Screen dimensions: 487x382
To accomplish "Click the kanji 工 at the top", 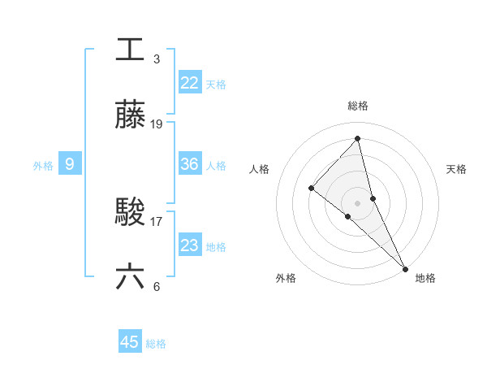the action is (x=130, y=49).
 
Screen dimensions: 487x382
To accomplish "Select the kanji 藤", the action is (x=130, y=115).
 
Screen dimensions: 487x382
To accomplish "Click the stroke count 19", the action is (x=157, y=124).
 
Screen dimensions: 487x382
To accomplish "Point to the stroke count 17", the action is (x=157, y=221).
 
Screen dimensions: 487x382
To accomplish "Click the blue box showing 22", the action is (x=189, y=82).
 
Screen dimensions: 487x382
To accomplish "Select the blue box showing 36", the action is (x=189, y=164).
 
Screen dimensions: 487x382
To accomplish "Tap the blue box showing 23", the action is (x=189, y=245).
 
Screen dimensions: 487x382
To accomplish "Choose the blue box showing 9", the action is (x=70, y=164).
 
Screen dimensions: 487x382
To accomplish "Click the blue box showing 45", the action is (x=130, y=342).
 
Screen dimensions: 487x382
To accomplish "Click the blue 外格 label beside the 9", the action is (x=43, y=166).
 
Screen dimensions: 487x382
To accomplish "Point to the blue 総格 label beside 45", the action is (x=156, y=344).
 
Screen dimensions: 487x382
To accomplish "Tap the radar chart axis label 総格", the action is (x=358, y=106).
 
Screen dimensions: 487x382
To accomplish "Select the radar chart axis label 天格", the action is (x=457, y=169).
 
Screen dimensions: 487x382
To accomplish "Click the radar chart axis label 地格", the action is (x=425, y=278).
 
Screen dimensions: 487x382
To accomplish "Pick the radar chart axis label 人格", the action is (x=260, y=169).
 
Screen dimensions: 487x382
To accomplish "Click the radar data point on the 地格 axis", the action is (x=405, y=267).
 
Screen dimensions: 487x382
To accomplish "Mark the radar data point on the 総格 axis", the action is (x=358, y=139).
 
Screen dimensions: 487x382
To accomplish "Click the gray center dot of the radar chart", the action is (x=358, y=202).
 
